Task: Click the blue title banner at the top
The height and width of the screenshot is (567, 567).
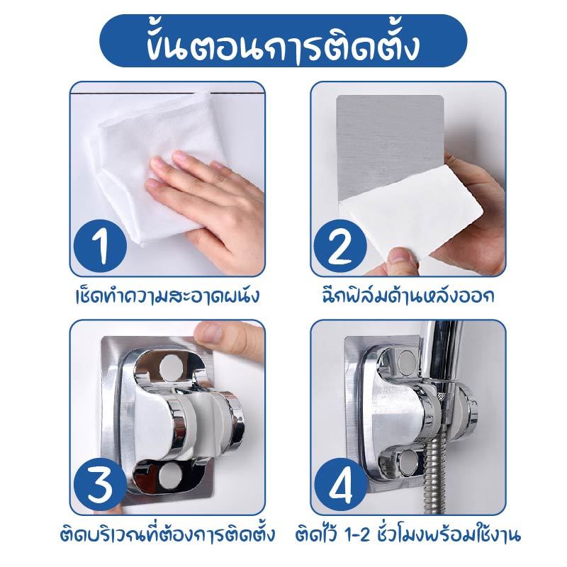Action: [x=283, y=44]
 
